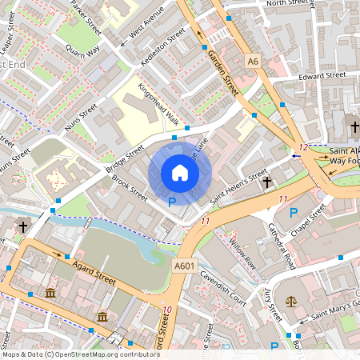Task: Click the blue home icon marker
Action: pos(180,173)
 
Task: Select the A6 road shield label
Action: pos(254,61)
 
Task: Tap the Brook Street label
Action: pos(130,186)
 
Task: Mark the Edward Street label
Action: pos(322,75)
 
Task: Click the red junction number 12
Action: pos(302,147)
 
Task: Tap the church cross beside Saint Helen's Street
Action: pos(267,182)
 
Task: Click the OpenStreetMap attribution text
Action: pos(81,354)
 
